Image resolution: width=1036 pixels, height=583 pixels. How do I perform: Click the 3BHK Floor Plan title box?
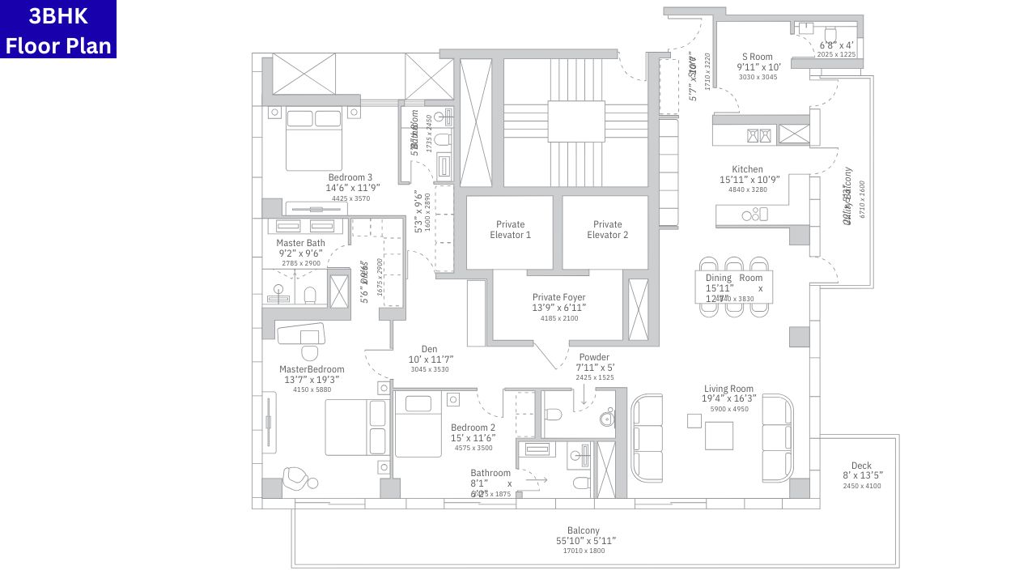tap(58, 29)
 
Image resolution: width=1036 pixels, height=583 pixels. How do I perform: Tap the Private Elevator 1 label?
tap(510, 230)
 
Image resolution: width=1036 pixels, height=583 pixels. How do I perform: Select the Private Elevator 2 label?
tap(607, 230)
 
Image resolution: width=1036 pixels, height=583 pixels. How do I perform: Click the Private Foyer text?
tap(558, 298)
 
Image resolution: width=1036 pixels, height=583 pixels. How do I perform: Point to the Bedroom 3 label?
tap(350, 177)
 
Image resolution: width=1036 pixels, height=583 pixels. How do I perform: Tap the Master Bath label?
tap(300, 243)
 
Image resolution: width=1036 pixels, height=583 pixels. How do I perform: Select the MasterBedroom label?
tap(312, 370)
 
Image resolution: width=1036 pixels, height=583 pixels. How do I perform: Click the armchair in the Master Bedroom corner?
tap(297, 479)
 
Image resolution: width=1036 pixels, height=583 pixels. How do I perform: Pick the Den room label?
tap(429, 350)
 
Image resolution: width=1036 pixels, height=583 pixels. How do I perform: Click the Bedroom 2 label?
tap(473, 428)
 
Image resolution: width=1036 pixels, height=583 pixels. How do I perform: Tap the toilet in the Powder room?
tap(554, 415)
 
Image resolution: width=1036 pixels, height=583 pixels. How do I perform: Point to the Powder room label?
tap(594, 357)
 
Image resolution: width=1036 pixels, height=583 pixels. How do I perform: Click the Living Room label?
tap(728, 389)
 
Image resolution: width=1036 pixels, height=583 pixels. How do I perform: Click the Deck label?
tap(861, 466)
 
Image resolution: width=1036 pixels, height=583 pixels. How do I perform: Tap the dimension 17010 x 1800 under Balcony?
tap(583, 551)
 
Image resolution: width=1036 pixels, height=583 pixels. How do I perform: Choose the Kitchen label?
tap(747, 170)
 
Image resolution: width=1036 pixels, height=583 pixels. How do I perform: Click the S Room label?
tap(754, 57)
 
